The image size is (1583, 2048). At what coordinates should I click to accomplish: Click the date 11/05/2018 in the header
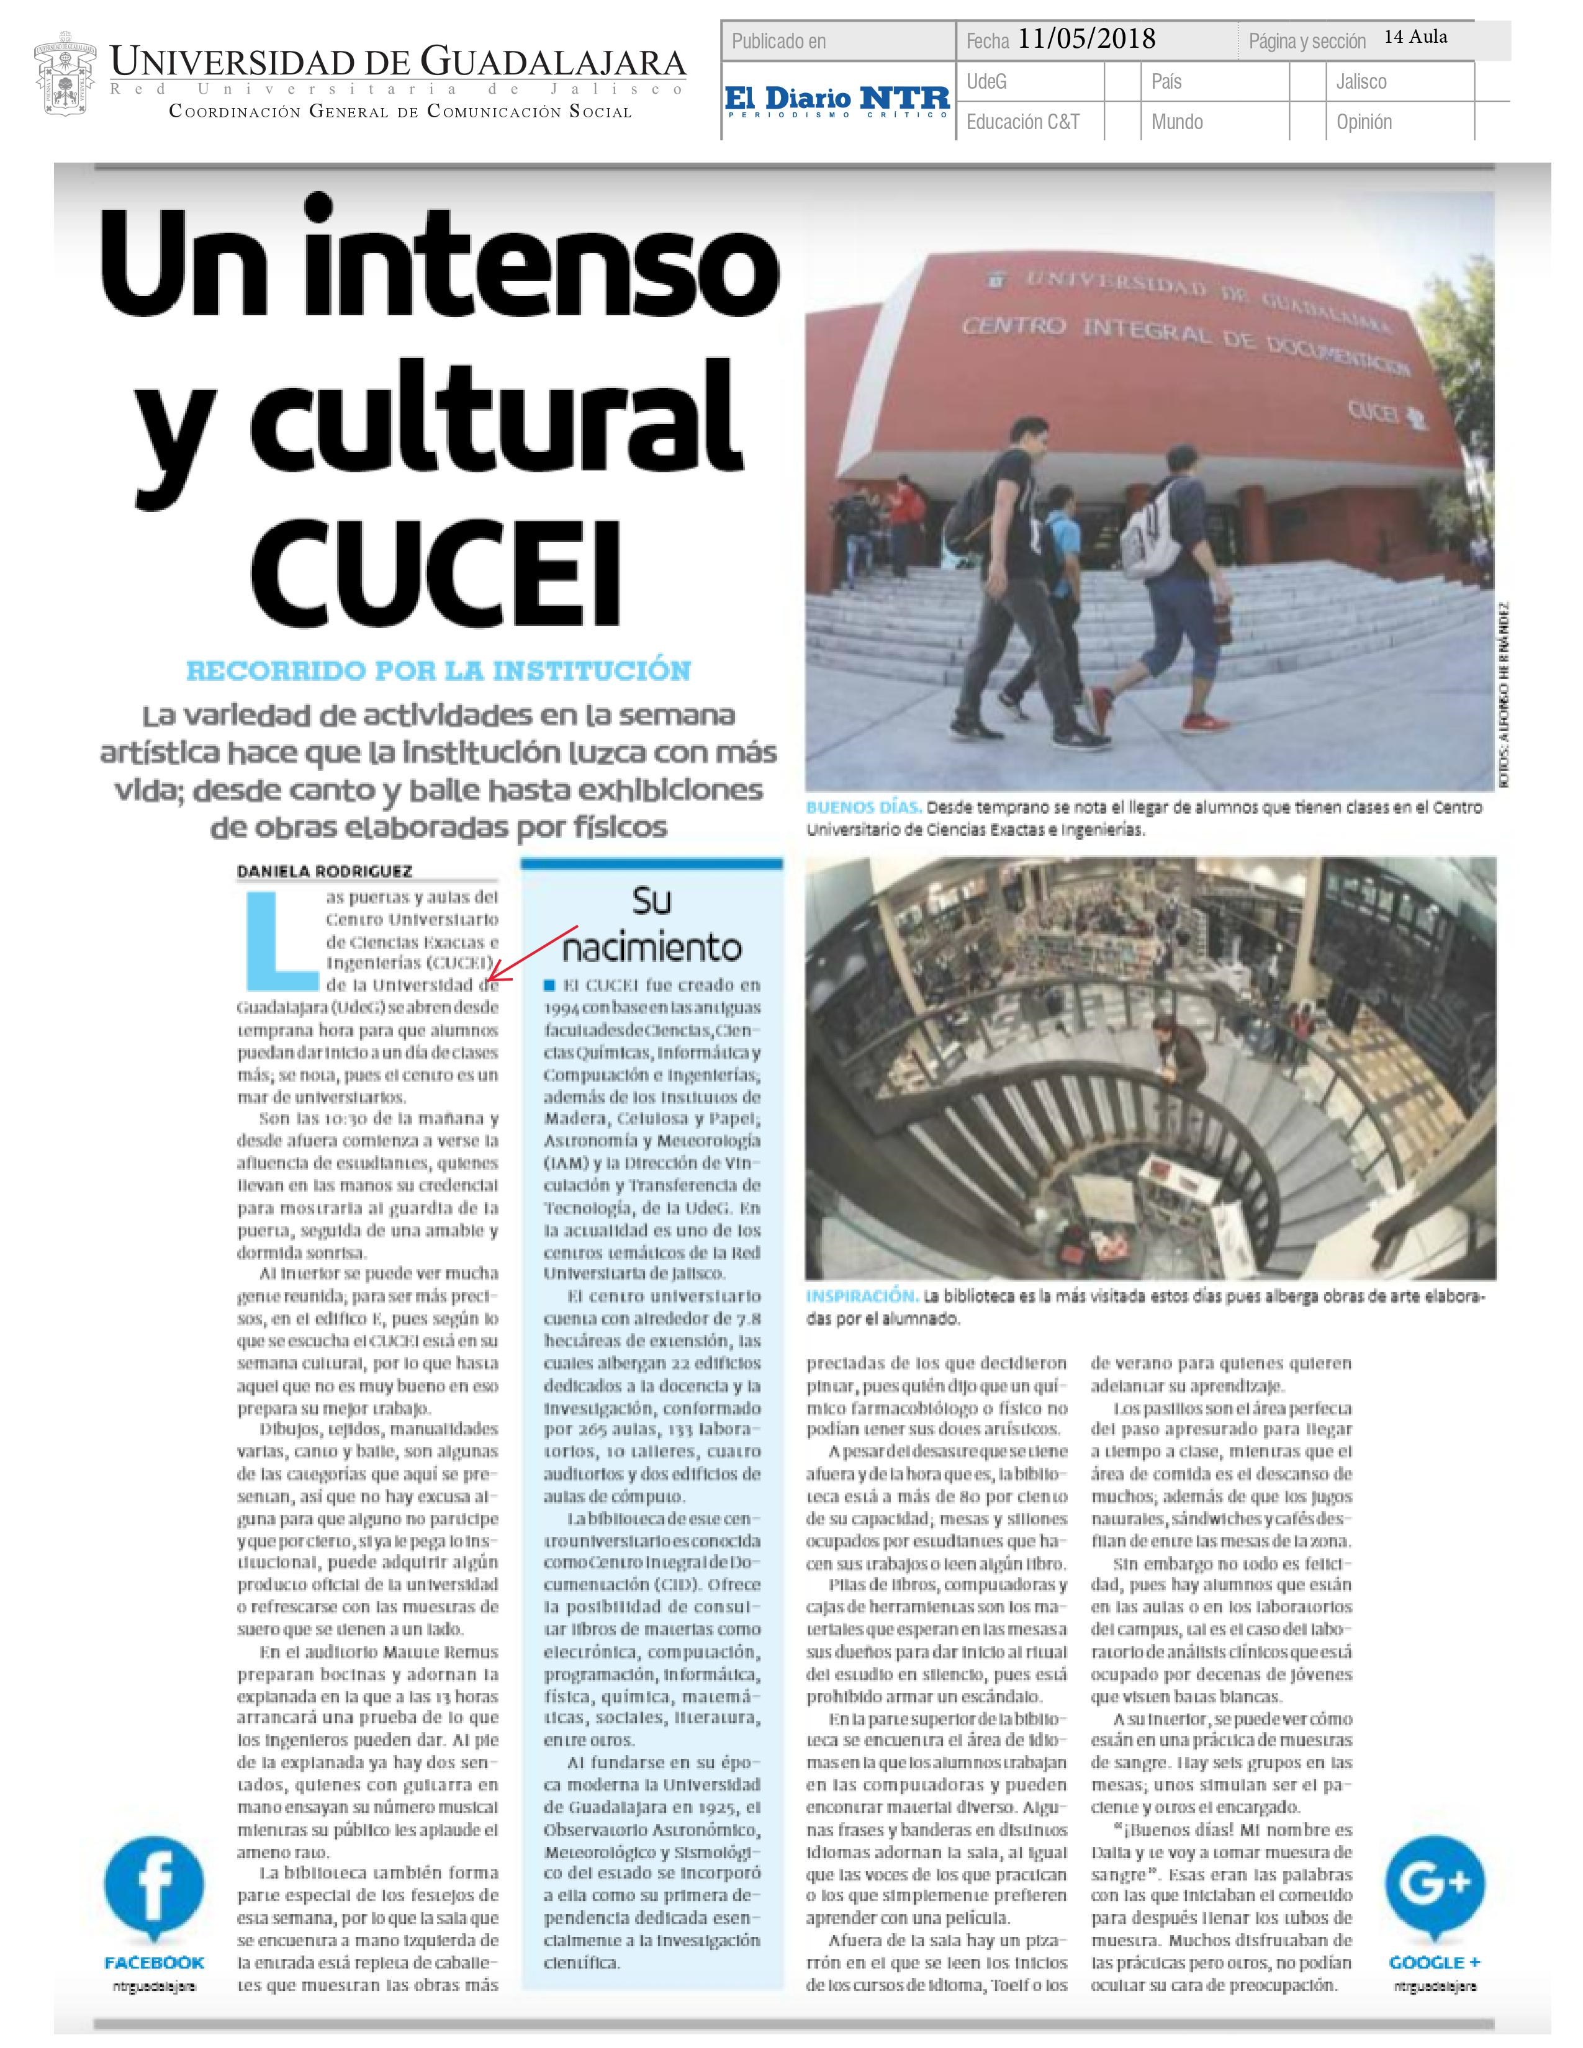point(1086,38)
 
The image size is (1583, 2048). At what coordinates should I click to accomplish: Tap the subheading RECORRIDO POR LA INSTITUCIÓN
point(438,671)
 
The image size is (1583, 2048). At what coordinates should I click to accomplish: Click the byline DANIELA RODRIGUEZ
point(325,871)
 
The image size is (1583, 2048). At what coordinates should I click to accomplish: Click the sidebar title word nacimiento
point(652,948)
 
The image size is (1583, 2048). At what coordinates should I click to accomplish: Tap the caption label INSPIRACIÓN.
point(861,1296)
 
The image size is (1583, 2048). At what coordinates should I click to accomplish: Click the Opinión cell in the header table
point(1364,122)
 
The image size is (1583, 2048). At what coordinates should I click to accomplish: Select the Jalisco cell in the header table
point(1361,81)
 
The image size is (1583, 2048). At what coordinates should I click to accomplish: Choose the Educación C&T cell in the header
point(1022,122)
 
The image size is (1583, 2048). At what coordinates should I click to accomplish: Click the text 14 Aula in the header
point(1415,37)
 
